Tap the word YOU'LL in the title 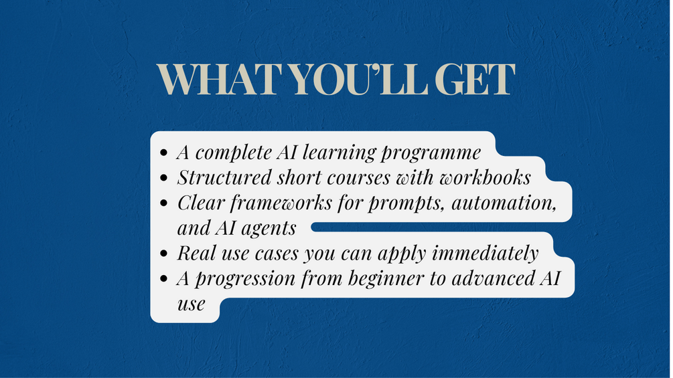pyautogui.click(x=360, y=80)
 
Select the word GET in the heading pyautogui.click(x=475, y=80)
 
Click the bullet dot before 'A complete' pyautogui.click(x=163, y=153)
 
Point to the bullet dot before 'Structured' pyautogui.click(x=163, y=178)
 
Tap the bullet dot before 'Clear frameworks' pyautogui.click(x=163, y=203)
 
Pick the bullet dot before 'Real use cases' pyautogui.click(x=163, y=254)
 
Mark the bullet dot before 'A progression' pyautogui.click(x=163, y=279)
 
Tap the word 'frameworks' pyautogui.click(x=281, y=203)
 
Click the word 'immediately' pyautogui.click(x=485, y=254)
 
